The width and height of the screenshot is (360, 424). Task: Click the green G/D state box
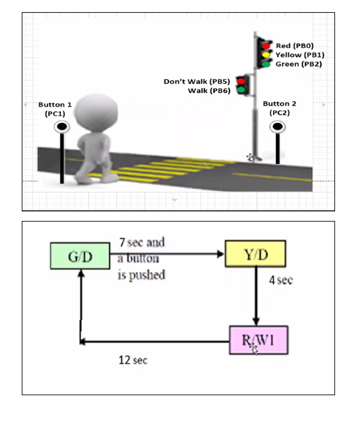click(x=80, y=256)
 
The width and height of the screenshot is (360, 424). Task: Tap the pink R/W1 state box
click(x=258, y=339)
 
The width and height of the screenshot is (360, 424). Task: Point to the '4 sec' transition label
click(x=281, y=281)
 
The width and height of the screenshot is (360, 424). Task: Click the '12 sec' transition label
click(x=133, y=361)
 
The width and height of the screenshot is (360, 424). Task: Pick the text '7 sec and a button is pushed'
click(x=142, y=258)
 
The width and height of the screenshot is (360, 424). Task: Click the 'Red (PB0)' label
click(x=295, y=46)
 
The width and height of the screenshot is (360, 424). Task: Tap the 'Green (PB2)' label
click(x=299, y=64)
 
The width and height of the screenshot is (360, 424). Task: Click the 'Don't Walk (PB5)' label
click(x=197, y=82)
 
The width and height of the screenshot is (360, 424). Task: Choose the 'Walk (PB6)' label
click(x=209, y=91)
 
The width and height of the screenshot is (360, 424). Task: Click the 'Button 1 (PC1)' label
click(x=55, y=108)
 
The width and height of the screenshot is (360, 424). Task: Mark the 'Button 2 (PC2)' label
click(x=280, y=107)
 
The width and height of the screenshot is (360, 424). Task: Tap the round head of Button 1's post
click(x=61, y=127)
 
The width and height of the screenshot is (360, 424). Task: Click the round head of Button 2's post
click(x=278, y=127)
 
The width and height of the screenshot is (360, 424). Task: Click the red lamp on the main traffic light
click(x=265, y=45)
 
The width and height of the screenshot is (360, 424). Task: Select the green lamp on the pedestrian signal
click(x=241, y=90)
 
